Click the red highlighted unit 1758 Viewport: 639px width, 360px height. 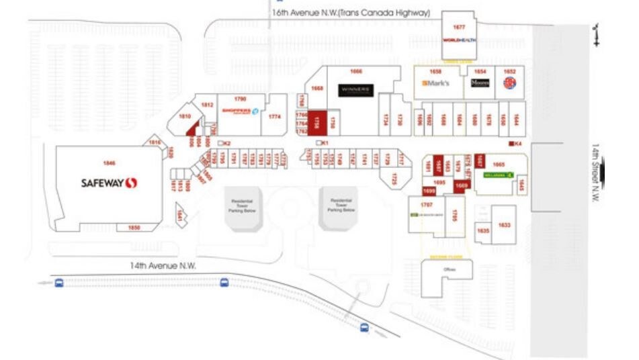pos(318,122)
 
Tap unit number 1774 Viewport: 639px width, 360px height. pos(274,116)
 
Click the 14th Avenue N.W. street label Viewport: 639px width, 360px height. pos(163,266)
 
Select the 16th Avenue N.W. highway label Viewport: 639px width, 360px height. pos(350,13)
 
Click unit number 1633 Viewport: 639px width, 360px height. pos(504,225)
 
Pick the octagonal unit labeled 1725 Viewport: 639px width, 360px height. pos(394,179)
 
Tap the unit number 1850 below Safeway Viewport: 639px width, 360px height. pos(134,228)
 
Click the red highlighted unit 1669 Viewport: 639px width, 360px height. pos(462,185)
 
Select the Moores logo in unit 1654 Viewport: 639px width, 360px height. pos(480,83)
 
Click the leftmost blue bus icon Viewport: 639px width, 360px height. pos(59,283)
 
